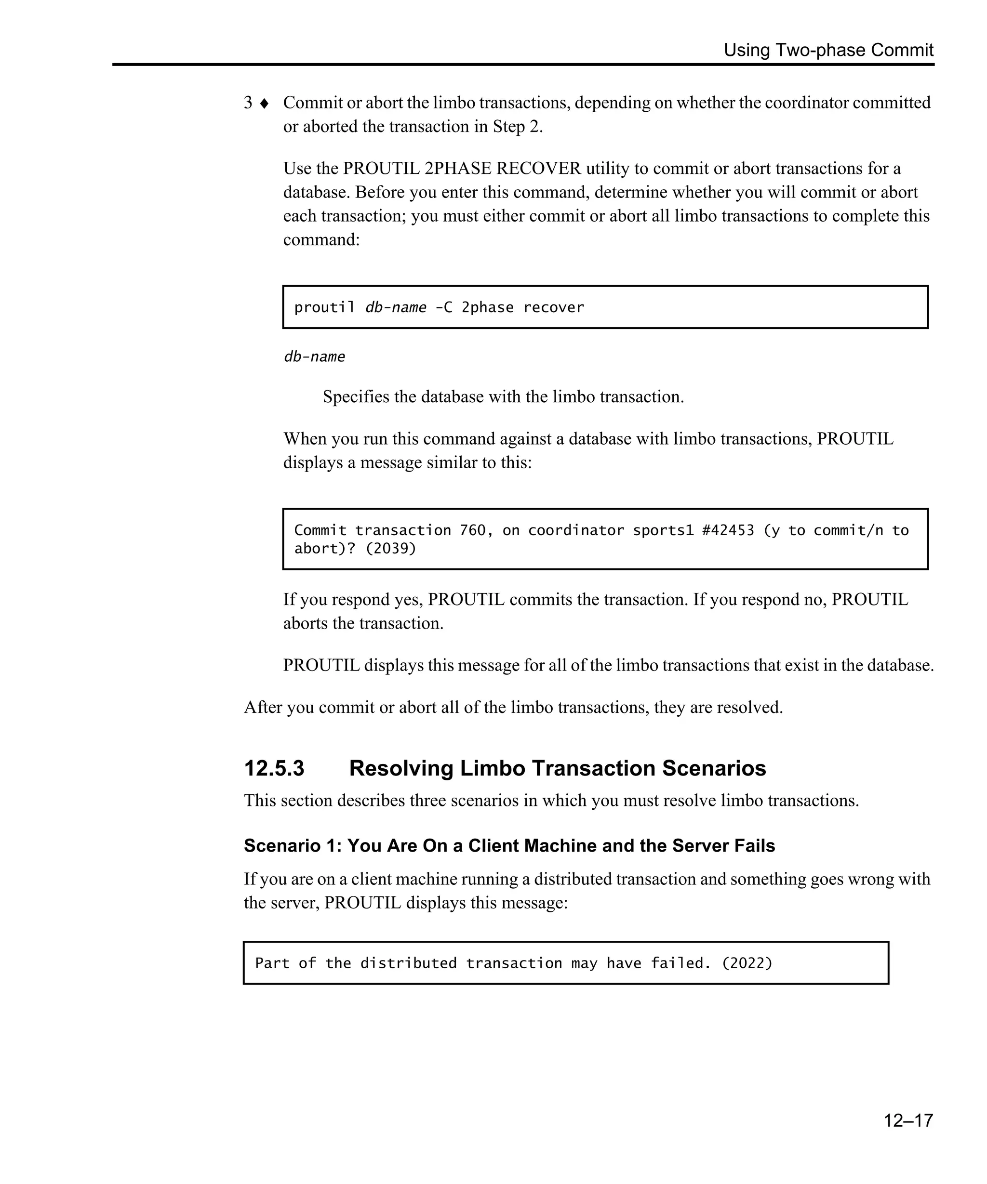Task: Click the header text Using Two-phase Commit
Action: pos(828,50)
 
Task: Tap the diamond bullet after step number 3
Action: pos(264,103)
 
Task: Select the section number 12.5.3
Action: pos(274,768)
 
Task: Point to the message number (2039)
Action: pos(390,549)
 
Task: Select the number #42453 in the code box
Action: pos(728,530)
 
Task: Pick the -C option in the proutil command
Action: pos(443,308)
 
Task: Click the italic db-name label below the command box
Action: pos(314,357)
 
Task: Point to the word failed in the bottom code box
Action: pos(680,963)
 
